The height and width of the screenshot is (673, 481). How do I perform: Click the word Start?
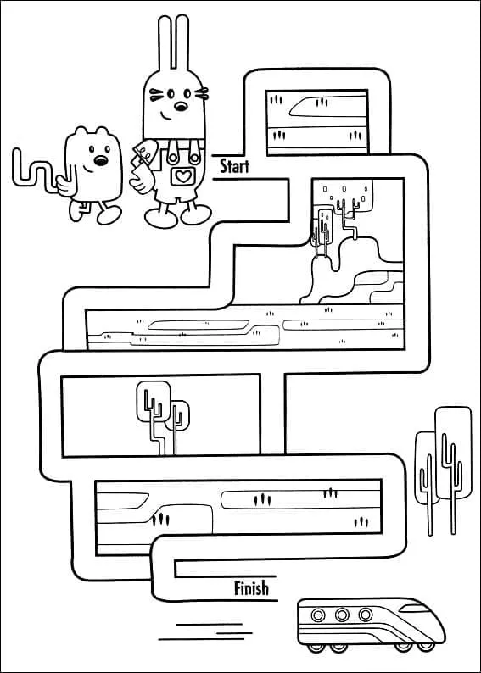click(234, 166)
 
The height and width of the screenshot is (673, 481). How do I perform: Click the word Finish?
click(251, 588)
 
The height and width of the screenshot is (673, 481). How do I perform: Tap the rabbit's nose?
click(181, 106)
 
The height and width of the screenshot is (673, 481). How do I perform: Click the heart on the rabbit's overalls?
click(183, 176)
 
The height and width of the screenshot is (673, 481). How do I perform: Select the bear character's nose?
click(101, 161)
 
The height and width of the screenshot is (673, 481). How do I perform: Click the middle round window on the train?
click(342, 615)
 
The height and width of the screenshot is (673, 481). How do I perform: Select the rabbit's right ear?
click(182, 42)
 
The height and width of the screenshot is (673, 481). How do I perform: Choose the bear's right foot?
click(109, 215)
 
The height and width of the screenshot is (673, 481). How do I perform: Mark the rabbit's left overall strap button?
click(173, 159)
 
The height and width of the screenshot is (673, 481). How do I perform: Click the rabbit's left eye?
click(171, 93)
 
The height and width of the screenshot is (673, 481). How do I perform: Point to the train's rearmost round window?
click(318, 615)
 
